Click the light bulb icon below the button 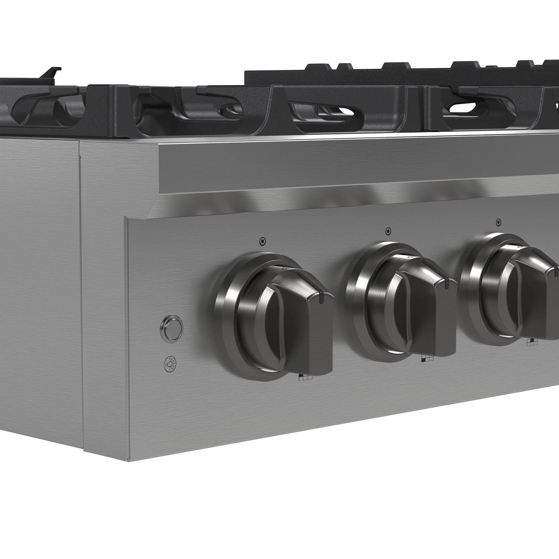170,364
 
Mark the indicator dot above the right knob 498,222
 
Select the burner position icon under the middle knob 427,358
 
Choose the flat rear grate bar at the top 376,77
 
